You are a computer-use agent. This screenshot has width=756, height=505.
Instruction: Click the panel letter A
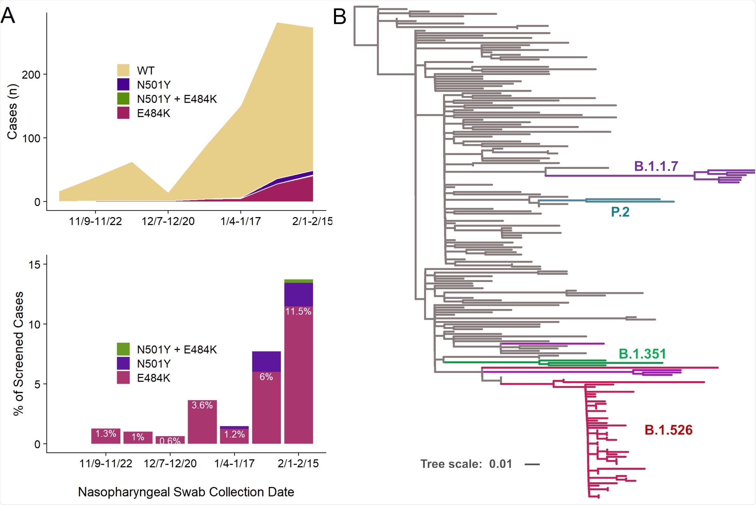[x=8, y=15]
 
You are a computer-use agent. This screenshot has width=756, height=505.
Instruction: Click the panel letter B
[x=339, y=17]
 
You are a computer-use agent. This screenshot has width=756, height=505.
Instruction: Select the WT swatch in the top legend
[x=123, y=70]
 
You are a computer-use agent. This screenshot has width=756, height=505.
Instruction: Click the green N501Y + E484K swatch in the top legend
[x=123, y=99]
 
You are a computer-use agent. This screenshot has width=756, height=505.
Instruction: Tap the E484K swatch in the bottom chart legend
[x=123, y=377]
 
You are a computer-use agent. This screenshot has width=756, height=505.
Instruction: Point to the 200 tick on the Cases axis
[x=31, y=75]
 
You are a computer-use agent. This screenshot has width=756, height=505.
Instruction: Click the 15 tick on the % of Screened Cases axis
[x=34, y=265]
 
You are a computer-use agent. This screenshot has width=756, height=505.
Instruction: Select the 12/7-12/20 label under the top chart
[x=168, y=221]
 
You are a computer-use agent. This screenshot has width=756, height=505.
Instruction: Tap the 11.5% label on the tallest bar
[x=298, y=312]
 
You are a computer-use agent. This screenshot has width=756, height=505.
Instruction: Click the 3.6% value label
[x=202, y=405]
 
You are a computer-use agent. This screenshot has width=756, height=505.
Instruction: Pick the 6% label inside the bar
[x=266, y=377]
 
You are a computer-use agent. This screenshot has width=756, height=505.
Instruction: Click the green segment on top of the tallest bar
[x=298, y=281]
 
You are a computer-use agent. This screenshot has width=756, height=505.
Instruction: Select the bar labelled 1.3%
[x=105, y=436]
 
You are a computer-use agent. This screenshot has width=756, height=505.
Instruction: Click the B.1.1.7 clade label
[x=656, y=166]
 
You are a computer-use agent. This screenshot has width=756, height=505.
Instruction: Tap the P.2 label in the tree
[x=620, y=212]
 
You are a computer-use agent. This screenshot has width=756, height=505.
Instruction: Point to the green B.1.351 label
[x=642, y=354]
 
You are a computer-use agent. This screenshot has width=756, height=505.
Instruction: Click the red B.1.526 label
[x=668, y=430]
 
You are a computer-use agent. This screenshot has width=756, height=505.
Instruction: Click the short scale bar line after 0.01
[x=532, y=464]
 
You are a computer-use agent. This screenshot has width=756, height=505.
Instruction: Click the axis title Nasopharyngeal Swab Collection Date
[x=186, y=492]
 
